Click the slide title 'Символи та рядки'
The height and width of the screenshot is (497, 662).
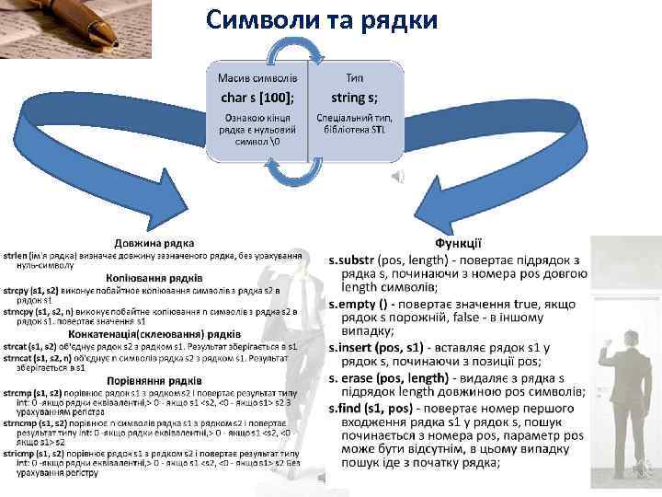click(x=323, y=19)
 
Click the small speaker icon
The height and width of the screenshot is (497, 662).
click(x=397, y=177)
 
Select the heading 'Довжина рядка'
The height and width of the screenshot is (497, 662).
click(x=154, y=242)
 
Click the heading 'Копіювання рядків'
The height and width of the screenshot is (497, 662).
click(x=154, y=276)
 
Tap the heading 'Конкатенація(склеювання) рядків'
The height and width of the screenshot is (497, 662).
click(x=153, y=336)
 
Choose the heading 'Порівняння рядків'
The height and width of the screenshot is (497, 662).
click(x=153, y=379)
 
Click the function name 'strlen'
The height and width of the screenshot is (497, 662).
click(x=15, y=252)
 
